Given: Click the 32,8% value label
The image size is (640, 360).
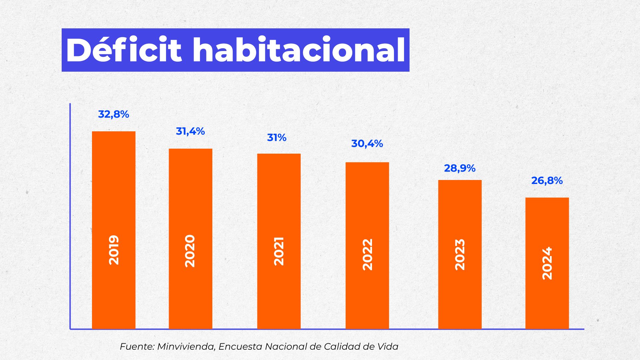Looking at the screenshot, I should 113,114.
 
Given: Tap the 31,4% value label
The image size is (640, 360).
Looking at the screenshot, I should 190,131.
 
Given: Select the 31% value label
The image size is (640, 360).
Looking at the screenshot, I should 277,138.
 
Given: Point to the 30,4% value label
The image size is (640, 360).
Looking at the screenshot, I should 367,144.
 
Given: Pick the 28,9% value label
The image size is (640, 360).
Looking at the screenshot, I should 460,168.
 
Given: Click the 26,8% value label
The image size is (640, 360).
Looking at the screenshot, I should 547,181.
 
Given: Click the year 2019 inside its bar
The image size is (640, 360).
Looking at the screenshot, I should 114,250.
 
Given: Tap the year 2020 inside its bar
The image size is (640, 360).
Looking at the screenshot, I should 190,251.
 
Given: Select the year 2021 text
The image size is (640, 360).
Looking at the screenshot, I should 279,251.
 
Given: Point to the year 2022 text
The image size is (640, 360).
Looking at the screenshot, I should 367,254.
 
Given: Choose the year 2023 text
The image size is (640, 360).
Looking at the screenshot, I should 460,255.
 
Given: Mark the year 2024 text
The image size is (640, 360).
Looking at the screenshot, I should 547,263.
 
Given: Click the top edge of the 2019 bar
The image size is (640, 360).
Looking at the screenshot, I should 114,132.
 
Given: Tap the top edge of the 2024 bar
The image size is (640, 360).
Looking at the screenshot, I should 547,198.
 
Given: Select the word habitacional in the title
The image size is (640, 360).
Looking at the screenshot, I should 299,50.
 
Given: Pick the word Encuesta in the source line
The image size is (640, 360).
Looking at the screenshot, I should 241,347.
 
